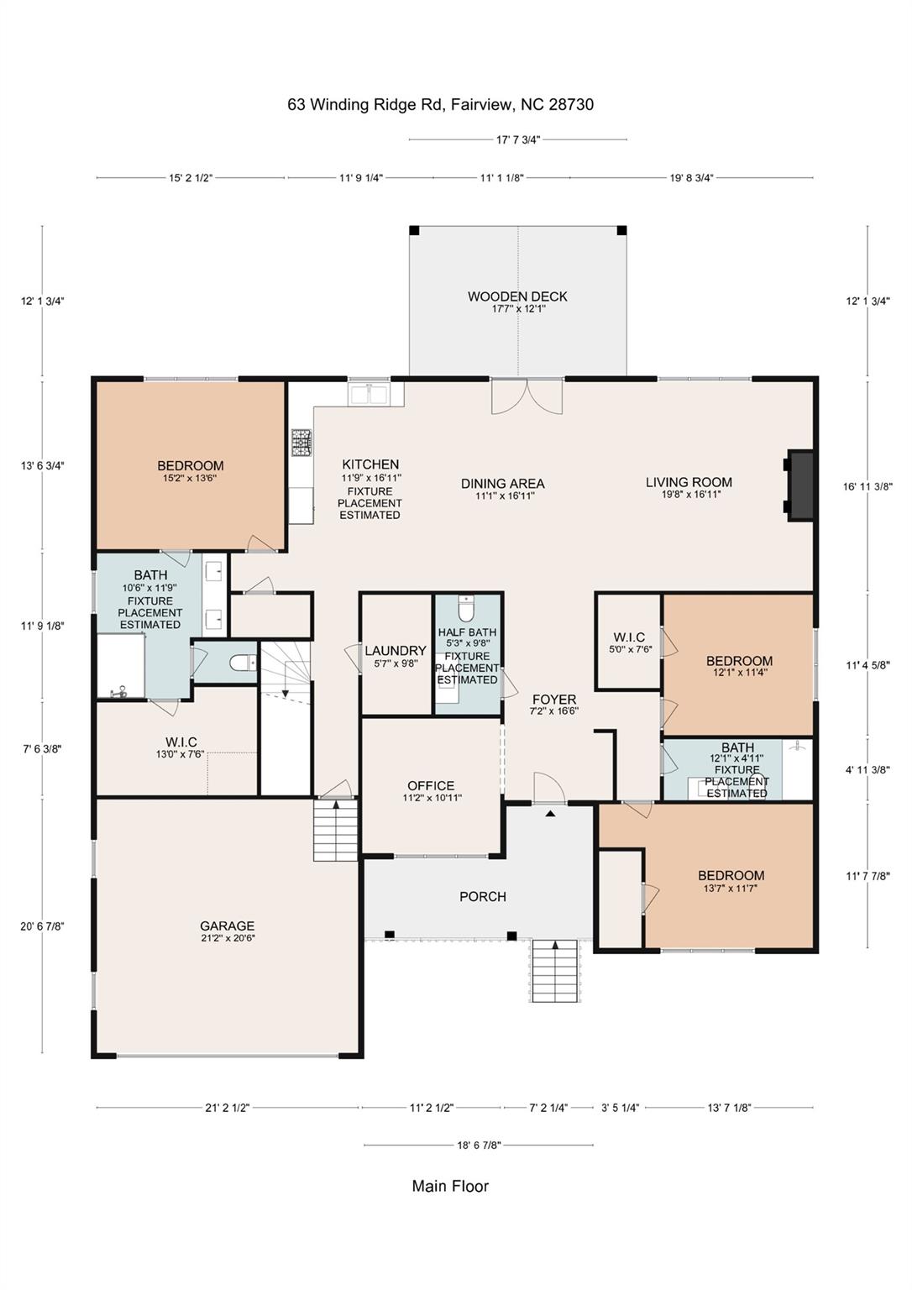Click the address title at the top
coord(440,105)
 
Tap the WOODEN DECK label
coord(517,296)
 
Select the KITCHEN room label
coord(370,464)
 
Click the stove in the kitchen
coord(301,443)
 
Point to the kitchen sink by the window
coord(369,394)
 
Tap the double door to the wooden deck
coord(527,396)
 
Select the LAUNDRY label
coord(395,651)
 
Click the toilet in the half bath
coord(467,606)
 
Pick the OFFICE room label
coord(431,785)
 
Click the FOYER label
coord(553,700)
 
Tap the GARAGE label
coord(227,926)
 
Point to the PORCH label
coord(483,897)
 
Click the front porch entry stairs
coord(555,970)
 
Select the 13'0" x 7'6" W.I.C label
coord(181,742)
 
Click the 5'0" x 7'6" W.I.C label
coord(629,637)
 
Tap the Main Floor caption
coord(450,1186)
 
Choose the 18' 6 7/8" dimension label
coord(479,1145)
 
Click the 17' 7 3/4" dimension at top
coord(517,140)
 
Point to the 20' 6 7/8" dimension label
coord(42,926)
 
